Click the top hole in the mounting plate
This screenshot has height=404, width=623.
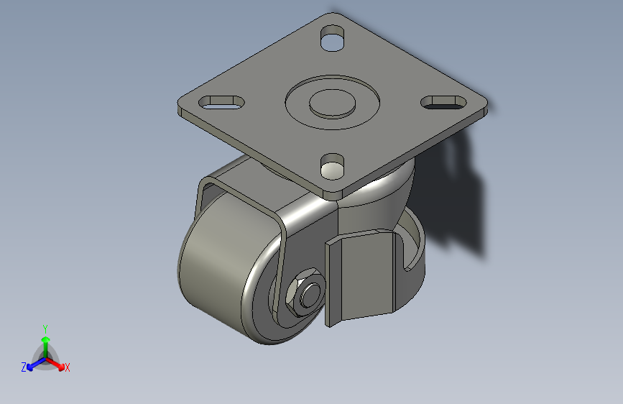[331, 40]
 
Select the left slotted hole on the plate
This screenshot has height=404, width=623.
[222, 103]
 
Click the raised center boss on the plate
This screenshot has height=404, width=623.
[332, 103]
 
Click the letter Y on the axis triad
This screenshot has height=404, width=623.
[45, 327]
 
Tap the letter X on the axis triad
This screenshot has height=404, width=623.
[68, 368]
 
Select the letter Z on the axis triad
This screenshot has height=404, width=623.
[24, 367]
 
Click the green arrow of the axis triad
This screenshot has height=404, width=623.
[45, 341]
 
